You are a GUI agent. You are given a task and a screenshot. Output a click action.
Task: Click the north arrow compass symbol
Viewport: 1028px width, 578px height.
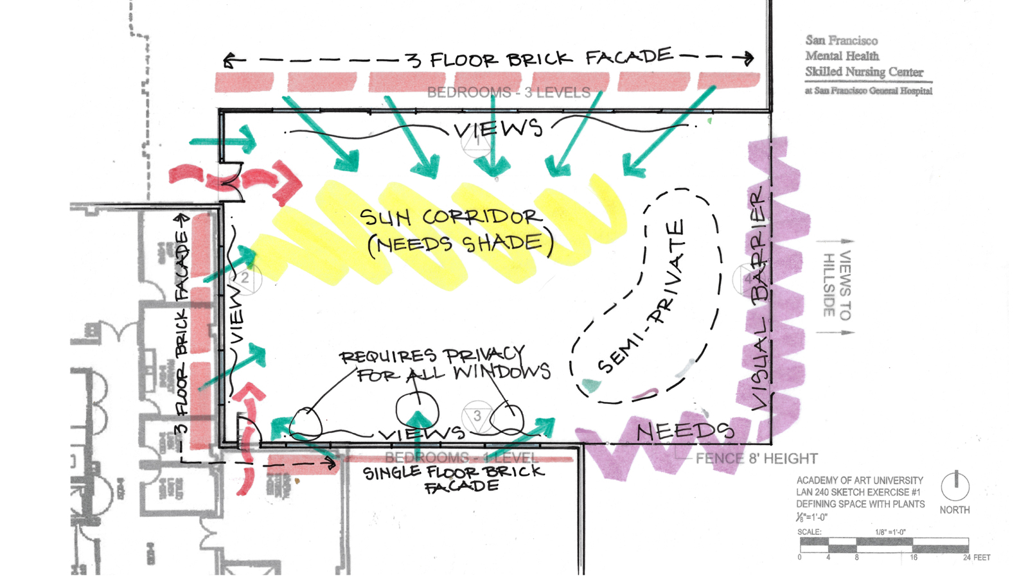click(955, 486)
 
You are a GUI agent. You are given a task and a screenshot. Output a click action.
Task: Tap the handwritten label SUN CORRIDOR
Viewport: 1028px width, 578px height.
click(450, 217)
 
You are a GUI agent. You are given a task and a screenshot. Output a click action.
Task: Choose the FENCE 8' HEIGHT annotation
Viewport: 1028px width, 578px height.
click(756, 459)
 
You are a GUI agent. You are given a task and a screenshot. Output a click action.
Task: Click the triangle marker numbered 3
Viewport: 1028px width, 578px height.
click(477, 416)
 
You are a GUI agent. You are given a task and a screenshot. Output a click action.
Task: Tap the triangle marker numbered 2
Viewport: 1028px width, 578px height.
click(244, 279)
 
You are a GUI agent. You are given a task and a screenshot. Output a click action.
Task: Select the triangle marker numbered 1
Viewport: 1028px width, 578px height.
click(477, 141)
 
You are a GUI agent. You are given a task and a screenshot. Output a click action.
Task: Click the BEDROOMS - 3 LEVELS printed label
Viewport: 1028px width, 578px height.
click(508, 92)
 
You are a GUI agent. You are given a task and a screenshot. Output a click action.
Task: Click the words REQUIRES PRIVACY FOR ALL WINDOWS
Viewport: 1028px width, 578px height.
click(443, 364)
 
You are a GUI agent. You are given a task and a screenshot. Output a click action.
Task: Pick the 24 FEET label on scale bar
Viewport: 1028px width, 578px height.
click(976, 557)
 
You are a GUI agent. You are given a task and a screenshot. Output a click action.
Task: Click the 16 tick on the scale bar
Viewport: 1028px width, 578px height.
click(913, 557)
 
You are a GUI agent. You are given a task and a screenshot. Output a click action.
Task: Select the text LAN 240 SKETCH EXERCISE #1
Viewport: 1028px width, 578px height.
click(858, 492)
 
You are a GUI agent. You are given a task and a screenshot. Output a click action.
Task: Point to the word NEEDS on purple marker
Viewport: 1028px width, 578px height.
click(685, 432)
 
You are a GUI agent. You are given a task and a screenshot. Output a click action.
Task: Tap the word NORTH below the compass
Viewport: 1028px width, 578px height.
click(955, 510)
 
